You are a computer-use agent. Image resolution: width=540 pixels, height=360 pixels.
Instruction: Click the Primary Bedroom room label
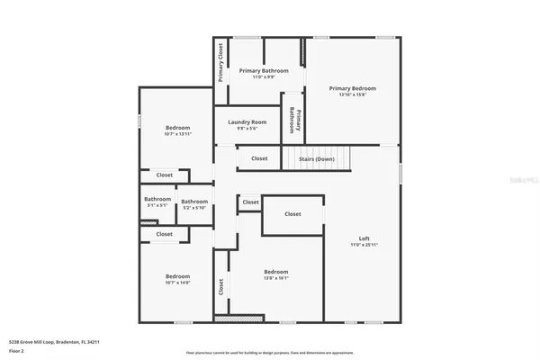[352, 88]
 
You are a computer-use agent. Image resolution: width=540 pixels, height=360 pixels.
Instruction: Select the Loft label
[364, 238]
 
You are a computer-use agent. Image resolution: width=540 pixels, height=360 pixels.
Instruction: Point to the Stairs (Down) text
[316, 158]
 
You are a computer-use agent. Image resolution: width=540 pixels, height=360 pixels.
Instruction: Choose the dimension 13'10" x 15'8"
[352, 95]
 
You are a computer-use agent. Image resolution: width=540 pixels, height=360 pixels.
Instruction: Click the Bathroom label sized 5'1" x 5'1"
[157, 199]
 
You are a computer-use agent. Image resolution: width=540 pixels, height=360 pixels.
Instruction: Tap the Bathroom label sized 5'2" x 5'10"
[194, 202]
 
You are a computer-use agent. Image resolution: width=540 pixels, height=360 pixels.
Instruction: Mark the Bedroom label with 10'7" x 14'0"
[177, 275]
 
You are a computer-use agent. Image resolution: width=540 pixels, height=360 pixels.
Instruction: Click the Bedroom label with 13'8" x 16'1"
[275, 272]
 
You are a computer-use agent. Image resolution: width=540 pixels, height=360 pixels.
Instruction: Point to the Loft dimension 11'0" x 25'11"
[364, 245]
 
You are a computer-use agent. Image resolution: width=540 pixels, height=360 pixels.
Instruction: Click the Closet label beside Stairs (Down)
[259, 158]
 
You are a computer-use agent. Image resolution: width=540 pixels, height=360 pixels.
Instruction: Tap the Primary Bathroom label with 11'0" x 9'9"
[264, 70]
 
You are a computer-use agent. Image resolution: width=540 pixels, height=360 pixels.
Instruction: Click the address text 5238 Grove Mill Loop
[54, 342]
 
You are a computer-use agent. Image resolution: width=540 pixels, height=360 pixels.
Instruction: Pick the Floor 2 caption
[16, 349]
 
